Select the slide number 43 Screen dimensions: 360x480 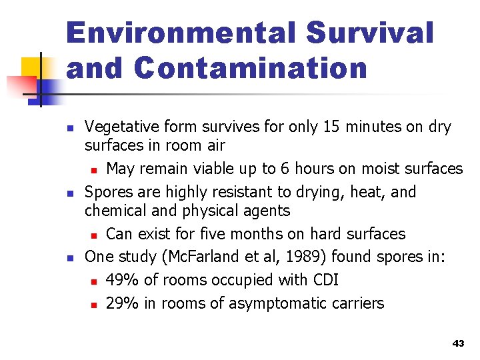[457, 343]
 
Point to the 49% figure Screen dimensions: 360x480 [123, 280]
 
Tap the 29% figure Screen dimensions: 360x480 [123, 303]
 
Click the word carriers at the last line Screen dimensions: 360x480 [357, 303]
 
